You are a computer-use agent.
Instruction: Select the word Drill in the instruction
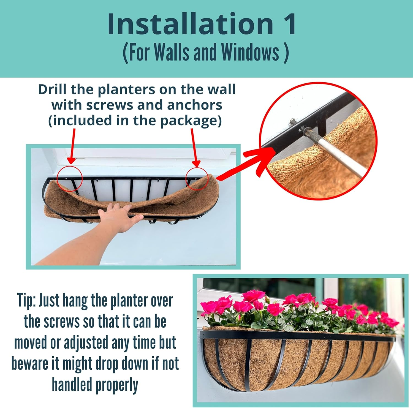52,89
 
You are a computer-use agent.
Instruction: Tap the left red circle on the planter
70,178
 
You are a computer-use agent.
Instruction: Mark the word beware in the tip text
30,364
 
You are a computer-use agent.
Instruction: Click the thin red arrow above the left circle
72,146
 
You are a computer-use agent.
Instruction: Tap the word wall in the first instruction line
223,89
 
